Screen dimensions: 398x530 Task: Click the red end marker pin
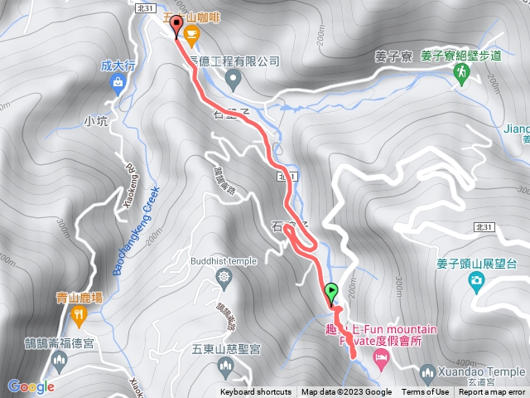click(176, 28)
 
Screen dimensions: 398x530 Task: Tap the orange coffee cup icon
click(192, 34)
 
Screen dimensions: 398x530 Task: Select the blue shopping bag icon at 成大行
click(117, 81)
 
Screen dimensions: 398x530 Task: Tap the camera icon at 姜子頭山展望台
click(476, 281)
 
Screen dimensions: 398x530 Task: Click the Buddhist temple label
click(224, 260)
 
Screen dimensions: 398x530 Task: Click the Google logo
click(31, 386)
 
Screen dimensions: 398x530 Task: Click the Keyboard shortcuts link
click(256, 392)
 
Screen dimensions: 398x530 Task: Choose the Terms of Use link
click(426, 392)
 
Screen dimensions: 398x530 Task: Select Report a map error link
click(494, 392)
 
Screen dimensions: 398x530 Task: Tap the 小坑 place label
click(96, 121)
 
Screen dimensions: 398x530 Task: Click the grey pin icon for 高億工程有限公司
click(233, 80)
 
